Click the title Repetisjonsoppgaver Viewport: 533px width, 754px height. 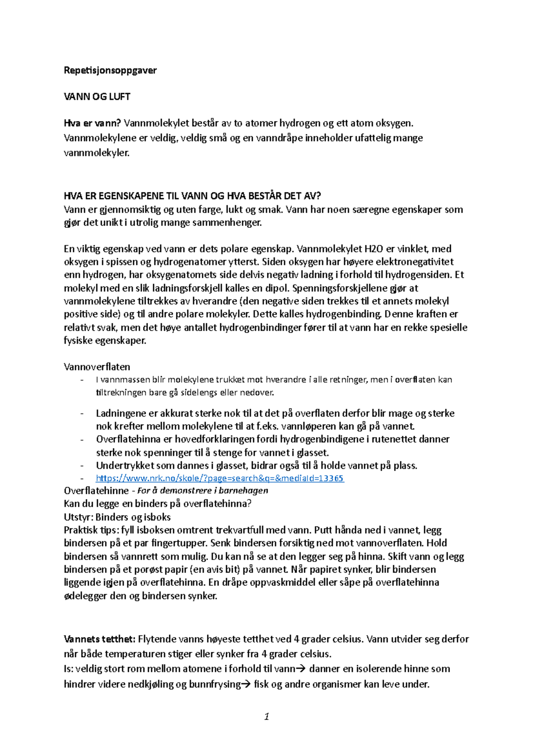(x=110, y=70)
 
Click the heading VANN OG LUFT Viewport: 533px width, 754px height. (x=97, y=96)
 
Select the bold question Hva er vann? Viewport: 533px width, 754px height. (x=92, y=123)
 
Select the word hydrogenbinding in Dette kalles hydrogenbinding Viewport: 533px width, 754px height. (x=348, y=314)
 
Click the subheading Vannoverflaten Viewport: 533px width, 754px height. (x=97, y=367)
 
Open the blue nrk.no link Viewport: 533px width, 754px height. (x=219, y=478)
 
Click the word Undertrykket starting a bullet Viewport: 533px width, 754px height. (x=124, y=465)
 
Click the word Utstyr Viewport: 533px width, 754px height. (x=78, y=517)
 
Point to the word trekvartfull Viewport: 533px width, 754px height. (x=241, y=530)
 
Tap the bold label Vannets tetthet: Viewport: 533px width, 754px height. (x=99, y=639)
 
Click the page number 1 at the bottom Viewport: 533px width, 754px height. (x=266, y=716)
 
